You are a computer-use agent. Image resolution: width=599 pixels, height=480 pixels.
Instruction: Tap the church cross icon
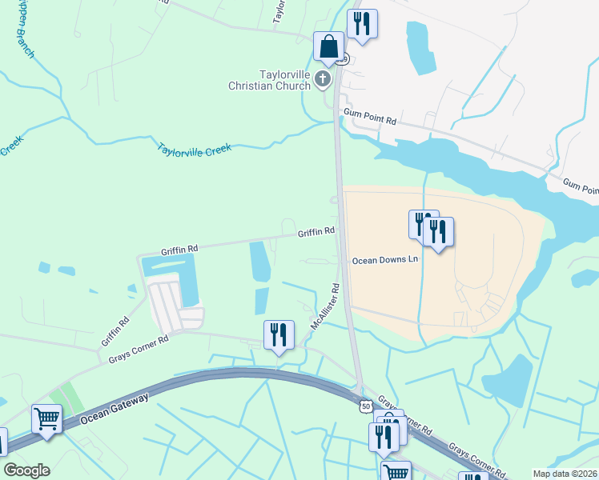(323, 78)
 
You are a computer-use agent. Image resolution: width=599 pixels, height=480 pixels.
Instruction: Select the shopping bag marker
(328, 47)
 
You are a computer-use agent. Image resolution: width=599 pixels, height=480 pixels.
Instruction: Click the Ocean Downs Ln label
(385, 260)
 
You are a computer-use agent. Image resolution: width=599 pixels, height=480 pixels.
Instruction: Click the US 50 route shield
(365, 406)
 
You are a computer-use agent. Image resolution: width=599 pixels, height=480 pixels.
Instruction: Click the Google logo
(26, 470)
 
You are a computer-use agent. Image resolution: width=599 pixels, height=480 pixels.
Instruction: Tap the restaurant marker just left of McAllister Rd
(279, 335)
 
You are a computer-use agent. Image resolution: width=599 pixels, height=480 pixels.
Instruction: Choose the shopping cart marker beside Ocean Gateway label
(46, 419)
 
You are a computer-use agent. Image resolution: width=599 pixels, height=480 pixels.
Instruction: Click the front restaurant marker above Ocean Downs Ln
(438, 232)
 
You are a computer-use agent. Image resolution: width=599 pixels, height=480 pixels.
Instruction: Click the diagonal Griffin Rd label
(115, 331)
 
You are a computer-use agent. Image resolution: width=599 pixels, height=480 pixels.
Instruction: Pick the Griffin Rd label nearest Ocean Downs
(316, 232)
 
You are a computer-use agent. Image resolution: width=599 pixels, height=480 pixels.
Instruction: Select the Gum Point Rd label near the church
(369, 120)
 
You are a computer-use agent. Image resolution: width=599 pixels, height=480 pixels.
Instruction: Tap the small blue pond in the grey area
(417, 46)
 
